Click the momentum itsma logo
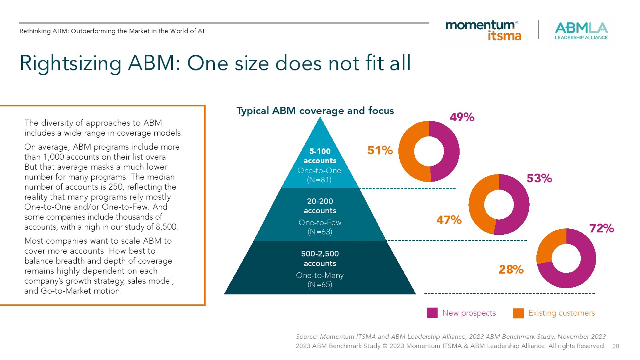coord(483,30)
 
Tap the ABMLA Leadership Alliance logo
coord(581,31)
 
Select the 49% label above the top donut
coord(462,117)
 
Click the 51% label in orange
coord(380,150)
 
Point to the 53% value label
coord(539,178)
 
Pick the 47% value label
coord(448,220)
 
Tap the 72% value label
coord(601,228)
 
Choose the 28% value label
coord(511,270)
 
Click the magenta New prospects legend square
coord(432,313)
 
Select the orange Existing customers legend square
coord(518,313)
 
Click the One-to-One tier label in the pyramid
coord(319,170)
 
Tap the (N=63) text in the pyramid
coord(320,232)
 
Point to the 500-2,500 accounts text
coord(320,258)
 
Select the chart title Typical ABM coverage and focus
coord(315,111)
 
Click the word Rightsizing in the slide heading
coord(70,63)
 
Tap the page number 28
coord(616,346)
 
